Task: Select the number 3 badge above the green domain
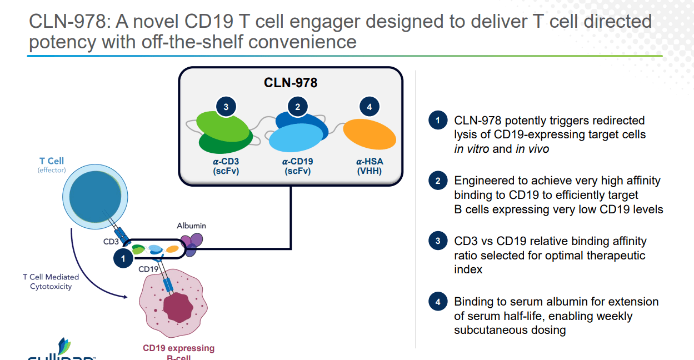coord(226,107)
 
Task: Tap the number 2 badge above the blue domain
coord(298,107)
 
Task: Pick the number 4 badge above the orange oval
coord(370,107)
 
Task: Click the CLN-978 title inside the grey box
coord(290,83)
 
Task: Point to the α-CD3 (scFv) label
coord(225,166)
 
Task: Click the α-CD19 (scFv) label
coord(297,166)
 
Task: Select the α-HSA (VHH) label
coord(369,166)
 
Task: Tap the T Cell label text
coord(52,161)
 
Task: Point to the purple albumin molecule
coord(193,243)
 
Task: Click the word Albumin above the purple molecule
coord(191,226)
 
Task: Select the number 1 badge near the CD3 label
coord(123,258)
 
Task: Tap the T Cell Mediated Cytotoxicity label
coord(51,282)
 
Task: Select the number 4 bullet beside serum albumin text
coord(438,302)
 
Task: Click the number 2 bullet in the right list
coord(438,181)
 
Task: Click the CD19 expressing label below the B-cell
coord(178,348)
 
